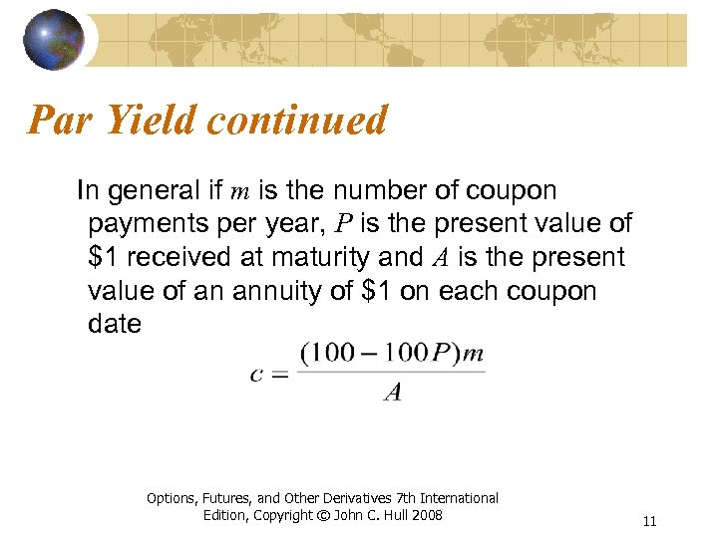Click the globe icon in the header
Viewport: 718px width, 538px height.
(x=55, y=38)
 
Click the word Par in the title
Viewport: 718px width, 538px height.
(x=62, y=121)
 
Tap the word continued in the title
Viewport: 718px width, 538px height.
(x=297, y=121)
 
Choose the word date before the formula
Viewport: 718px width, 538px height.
(x=115, y=325)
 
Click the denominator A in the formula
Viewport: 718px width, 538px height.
(x=393, y=393)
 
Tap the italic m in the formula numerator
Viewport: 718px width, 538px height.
(x=474, y=354)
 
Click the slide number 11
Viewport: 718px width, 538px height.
(x=650, y=521)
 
